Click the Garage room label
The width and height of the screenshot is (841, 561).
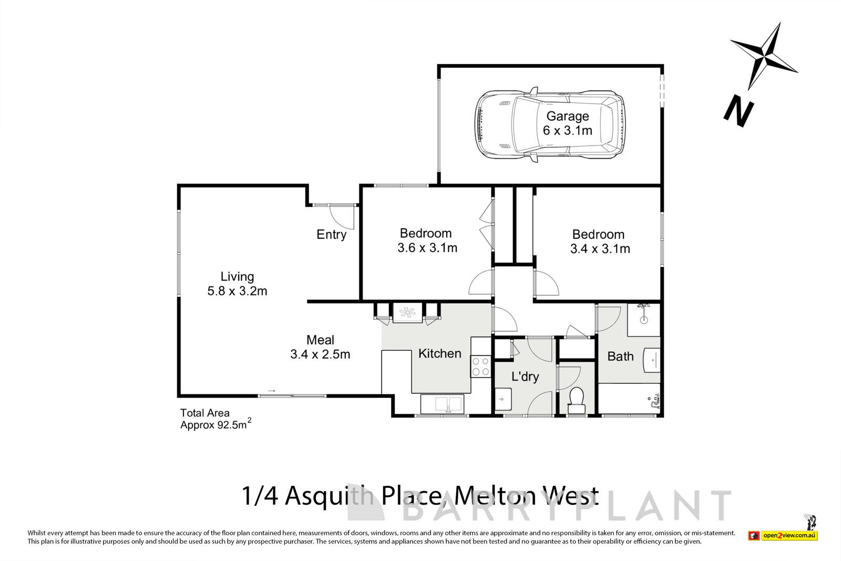click(567, 116)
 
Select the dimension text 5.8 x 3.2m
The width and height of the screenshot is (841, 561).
click(237, 291)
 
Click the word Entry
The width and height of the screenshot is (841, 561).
click(331, 234)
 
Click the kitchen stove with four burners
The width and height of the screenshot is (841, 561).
click(480, 366)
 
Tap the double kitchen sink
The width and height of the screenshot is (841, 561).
click(441, 404)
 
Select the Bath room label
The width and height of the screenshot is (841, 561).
click(620, 356)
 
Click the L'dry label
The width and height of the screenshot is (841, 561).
click(525, 376)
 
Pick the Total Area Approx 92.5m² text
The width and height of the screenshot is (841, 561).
click(214, 420)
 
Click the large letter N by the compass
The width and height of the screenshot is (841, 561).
click(738, 111)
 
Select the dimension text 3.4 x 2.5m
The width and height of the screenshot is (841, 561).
click(320, 354)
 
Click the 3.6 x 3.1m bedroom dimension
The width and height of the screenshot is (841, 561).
click(427, 248)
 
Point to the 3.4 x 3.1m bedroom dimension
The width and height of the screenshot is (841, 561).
click(600, 249)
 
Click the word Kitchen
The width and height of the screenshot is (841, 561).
click(439, 353)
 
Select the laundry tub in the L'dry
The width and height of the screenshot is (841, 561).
click(502, 399)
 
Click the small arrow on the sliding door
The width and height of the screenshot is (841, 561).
click(271, 391)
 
